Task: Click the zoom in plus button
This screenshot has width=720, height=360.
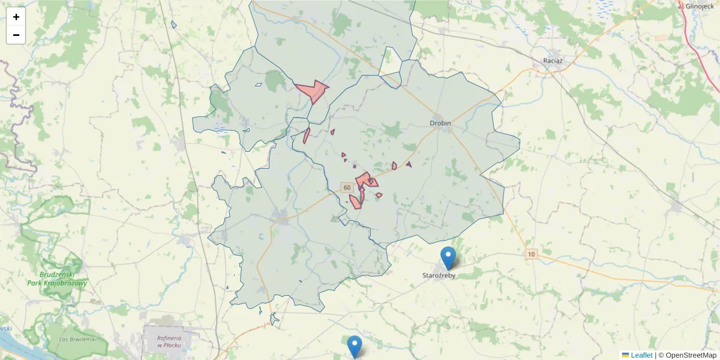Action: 16,17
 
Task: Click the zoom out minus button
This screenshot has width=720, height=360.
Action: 16,35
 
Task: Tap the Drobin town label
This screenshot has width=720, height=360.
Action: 440,123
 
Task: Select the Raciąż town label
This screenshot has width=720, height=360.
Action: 553,61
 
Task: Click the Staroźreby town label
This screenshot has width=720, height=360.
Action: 439,276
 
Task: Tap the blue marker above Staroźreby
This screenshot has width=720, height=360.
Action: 448,257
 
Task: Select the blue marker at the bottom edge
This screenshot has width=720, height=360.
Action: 355,346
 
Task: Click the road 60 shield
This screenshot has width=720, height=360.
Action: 347,188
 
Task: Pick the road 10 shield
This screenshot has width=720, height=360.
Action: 530,254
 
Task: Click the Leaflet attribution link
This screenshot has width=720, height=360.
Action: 641,355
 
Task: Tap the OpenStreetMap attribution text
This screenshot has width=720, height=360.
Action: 691,355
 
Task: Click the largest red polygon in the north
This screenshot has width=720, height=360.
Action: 312,91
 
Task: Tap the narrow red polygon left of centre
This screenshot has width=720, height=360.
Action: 306,136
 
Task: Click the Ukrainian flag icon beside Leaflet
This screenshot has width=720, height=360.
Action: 625,355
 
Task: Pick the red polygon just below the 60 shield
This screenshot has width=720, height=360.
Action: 355,202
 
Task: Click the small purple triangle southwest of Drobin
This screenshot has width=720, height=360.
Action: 409,164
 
